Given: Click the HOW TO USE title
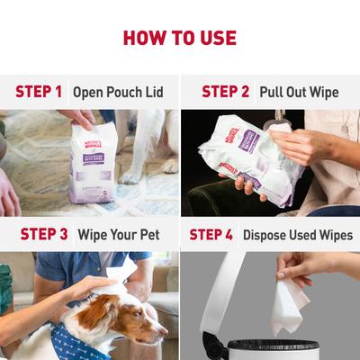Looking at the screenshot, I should pos(180,38).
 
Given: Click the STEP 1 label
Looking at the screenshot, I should pos(39,92).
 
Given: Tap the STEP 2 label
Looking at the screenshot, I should pos(225,92).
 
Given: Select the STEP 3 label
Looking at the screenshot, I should pos(39,234).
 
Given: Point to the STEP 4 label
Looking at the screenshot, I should pos(211,234).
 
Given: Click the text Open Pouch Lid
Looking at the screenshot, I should pos(118,92).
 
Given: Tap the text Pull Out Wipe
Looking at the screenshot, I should pos(299,92).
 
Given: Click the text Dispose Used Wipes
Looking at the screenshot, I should pos(296,234).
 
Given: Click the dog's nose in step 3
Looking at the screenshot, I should pos(163,331).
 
